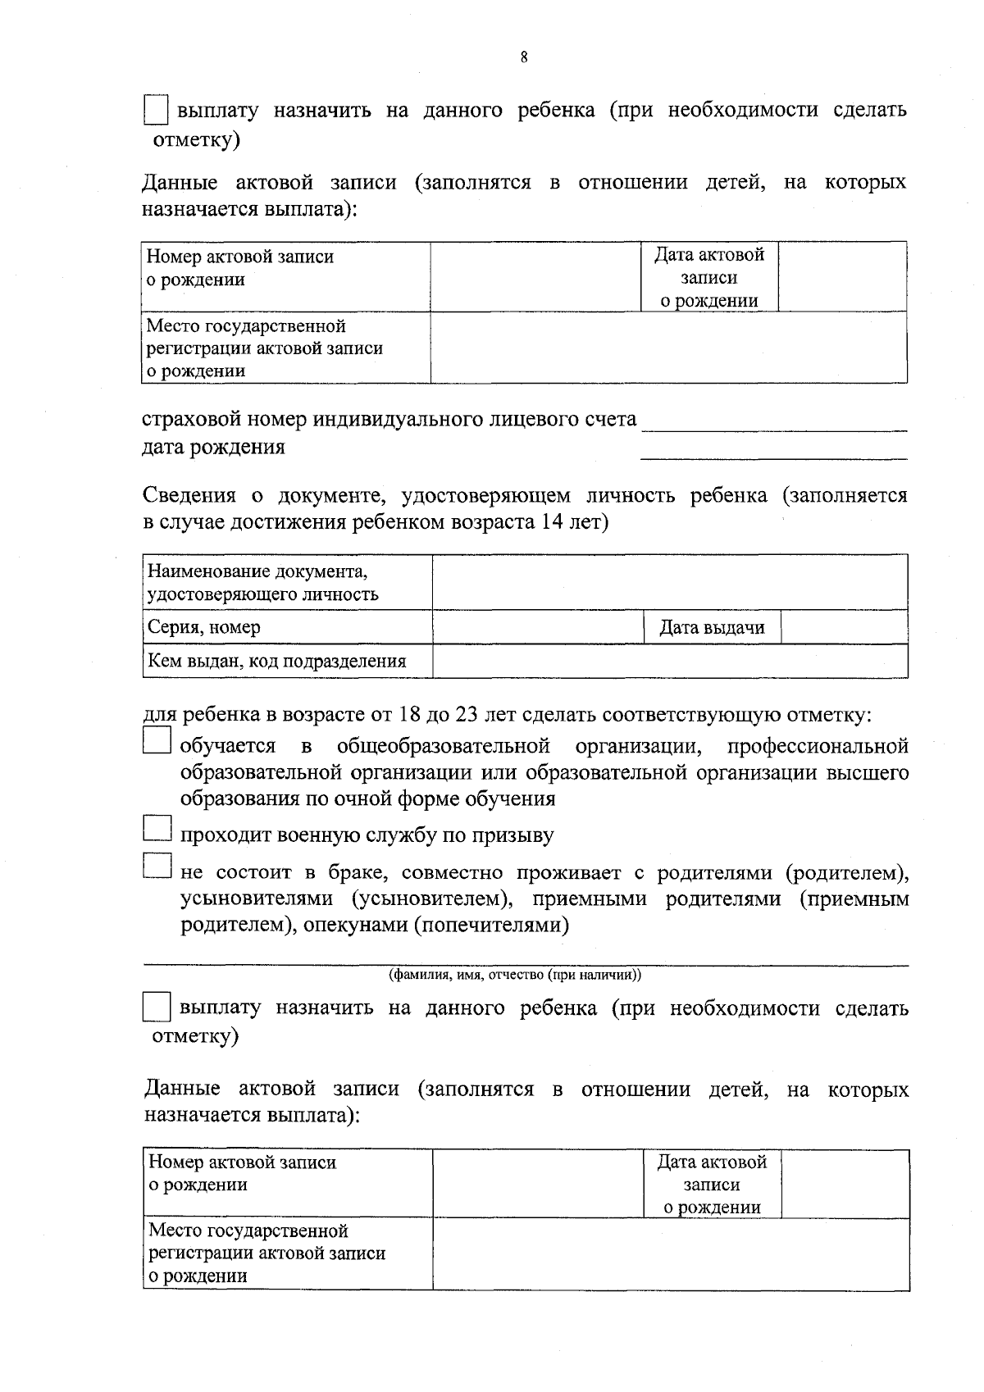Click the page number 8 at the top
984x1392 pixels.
point(523,57)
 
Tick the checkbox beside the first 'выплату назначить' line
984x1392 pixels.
point(156,110)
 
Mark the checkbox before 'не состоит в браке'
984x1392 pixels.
point(156,867)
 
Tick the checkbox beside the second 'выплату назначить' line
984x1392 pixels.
point(156,1007)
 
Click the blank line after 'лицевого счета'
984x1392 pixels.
point(774,423)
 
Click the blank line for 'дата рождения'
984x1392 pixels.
point(774,452)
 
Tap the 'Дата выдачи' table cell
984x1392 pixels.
point(712,628)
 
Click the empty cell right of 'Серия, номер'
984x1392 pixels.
point(539,628)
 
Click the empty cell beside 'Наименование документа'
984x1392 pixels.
point(669,582)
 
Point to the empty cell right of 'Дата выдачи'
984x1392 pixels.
point(844,628)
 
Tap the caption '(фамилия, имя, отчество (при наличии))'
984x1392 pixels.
point(515,976)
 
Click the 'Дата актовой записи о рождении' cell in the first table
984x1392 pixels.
point(708,277)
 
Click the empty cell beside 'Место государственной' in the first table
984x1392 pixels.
point(668,348)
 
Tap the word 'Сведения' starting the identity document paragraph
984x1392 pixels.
point(189,495)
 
